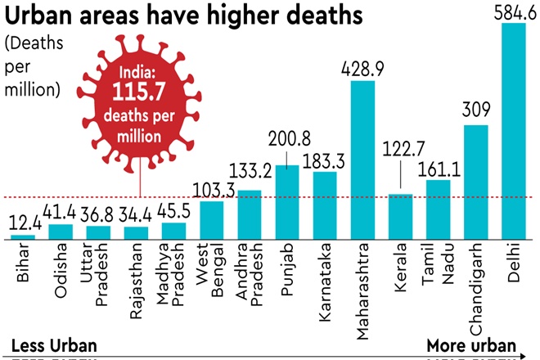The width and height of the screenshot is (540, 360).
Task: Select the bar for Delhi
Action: click(x=514, y=131)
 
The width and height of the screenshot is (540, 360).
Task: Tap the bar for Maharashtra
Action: click(x=362, y=160)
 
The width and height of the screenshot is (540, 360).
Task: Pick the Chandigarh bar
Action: click(x=475, y=182)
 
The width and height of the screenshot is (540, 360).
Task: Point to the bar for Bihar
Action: click(x=23, y=236)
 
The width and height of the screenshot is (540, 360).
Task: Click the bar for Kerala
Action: click(x=400, y=216)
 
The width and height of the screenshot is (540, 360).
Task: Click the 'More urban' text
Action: click(x=471, y=344)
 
